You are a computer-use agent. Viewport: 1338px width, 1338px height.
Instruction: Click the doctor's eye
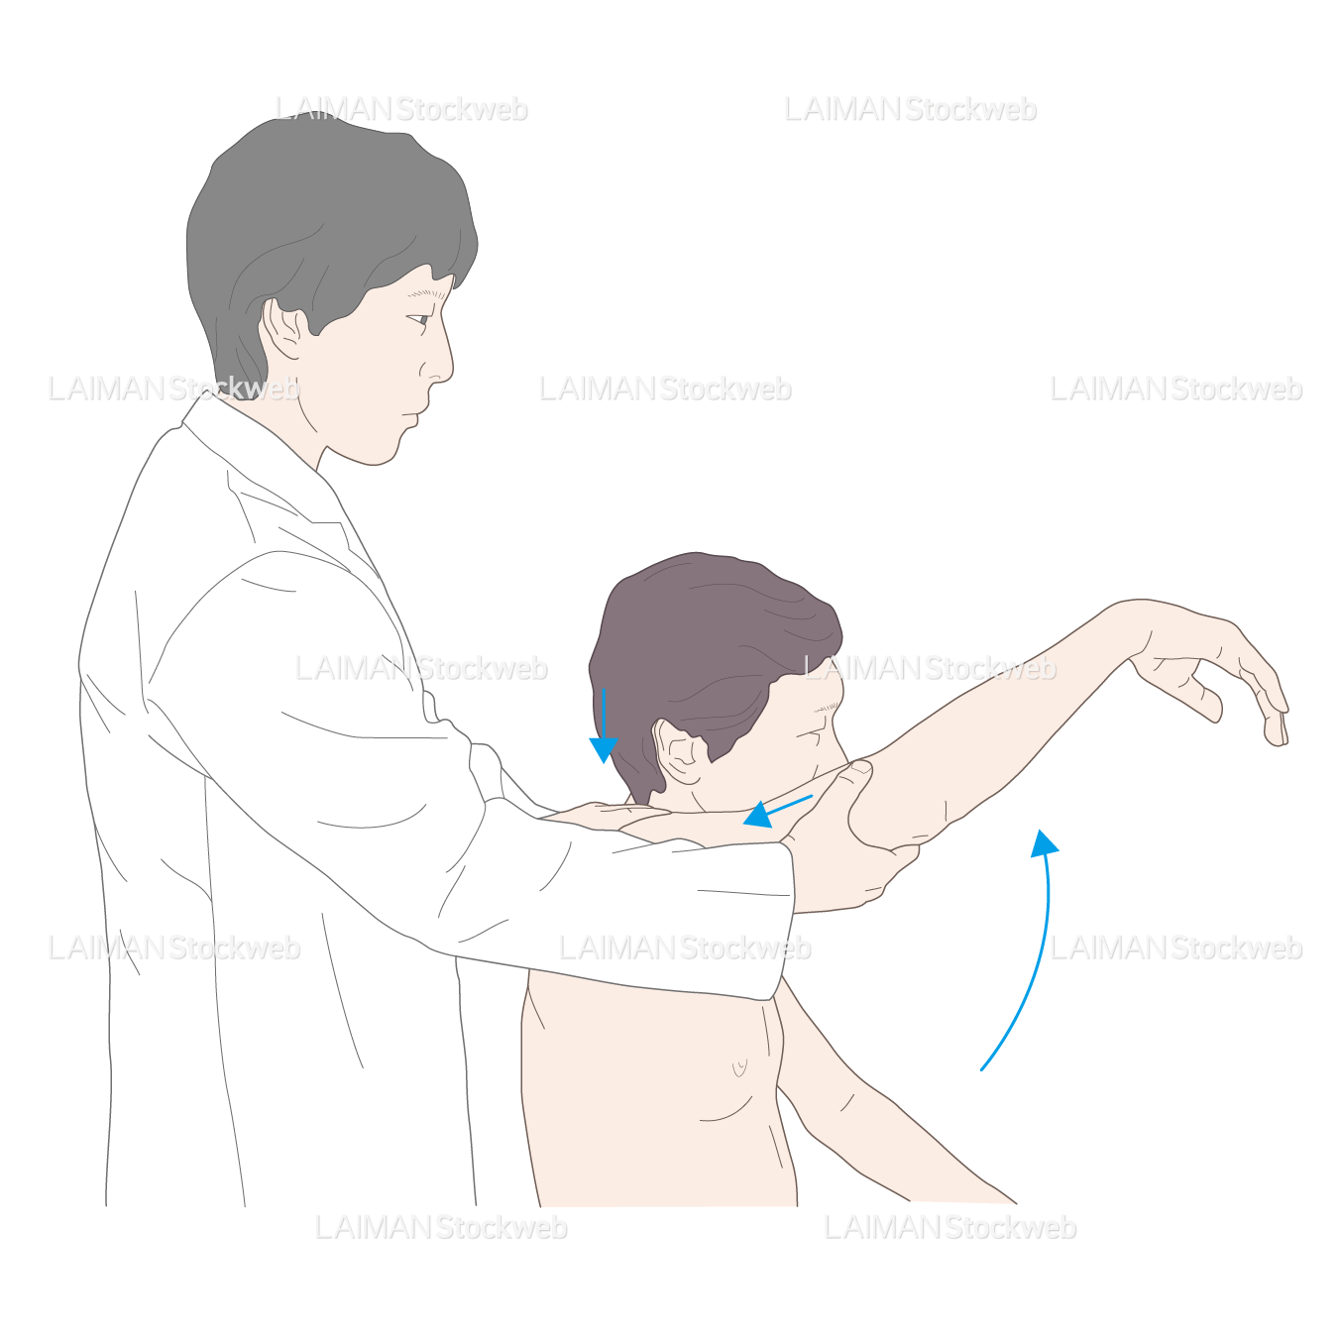tap(418, 319)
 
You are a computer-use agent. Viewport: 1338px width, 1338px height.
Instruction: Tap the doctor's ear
tap(282, 329)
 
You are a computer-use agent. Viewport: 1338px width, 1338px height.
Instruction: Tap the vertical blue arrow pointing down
tap(604, 725)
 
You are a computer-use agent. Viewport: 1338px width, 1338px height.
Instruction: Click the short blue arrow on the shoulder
tap(777, 812)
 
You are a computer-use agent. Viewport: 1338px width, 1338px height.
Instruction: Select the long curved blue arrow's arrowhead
tap(1044, 842)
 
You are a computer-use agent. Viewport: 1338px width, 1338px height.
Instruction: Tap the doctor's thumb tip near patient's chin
tap(861, 767)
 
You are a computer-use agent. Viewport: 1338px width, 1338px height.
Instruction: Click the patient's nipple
tap(740, 1065)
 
